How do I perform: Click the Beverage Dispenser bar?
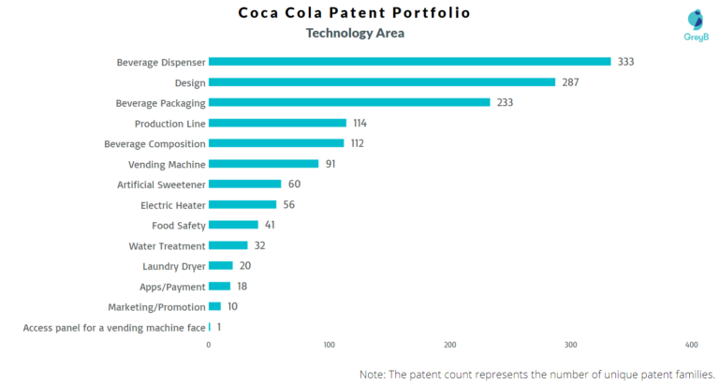pyautogui.click(x=409, y=62)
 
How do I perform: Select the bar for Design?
pyautogui.click(x=382, y=82)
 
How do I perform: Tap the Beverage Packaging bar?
pyautogui.click(x=349, y=102)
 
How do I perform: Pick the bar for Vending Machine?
pyautogui.click(x=263, y=164)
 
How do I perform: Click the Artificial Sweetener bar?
pyautogui.click(x=244, y=185)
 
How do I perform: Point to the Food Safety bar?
pyautogui.click(x=233, y=225)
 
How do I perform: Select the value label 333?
pyautogui.click(x=625, y=62)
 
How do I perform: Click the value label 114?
pyautogui.click(x=360, y=123)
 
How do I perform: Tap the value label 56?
pyautogui.click(x=289, y=204)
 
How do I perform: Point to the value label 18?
pyautogui.click(x=242, y=287)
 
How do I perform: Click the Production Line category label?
pyautogui.click(x=169, y=124)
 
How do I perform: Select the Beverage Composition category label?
pyautogui.click(x=154, y=144)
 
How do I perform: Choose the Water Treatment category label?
pyautogui.click(x=167, y=246)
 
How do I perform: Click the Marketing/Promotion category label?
pyautogui.click(x=156, y=307)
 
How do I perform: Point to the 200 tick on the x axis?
pyautogui.click(x=450, y=345)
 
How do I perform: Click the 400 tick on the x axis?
pyautogui.click(x=692, y=345)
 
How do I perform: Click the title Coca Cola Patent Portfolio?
pyautogui.click(x=354, y=13)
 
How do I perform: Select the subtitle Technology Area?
pyautogui.click(x=355, y=34)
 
